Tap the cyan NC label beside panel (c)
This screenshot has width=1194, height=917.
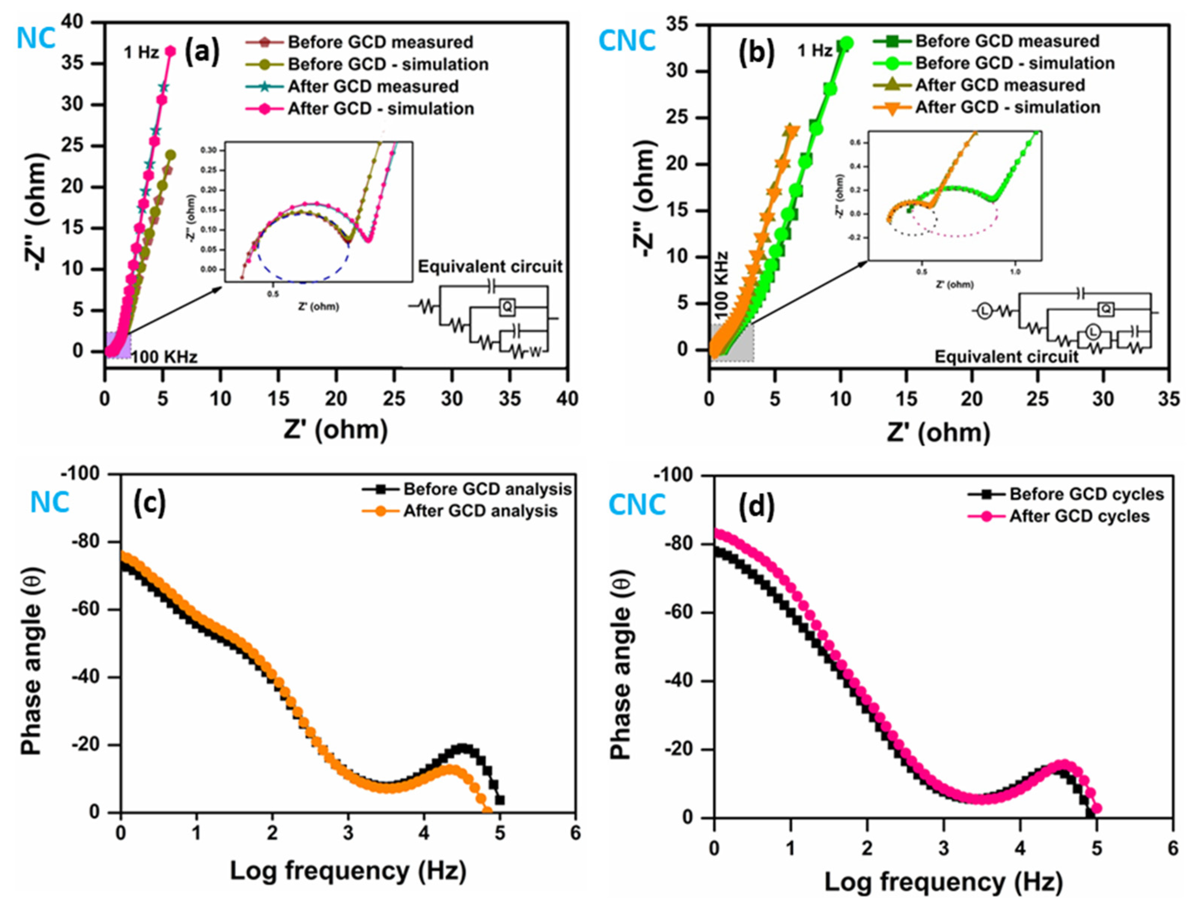50,502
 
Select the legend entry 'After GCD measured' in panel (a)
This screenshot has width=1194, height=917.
373,86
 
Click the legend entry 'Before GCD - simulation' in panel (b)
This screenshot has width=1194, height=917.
1014,63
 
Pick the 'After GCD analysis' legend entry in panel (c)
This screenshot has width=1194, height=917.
480,511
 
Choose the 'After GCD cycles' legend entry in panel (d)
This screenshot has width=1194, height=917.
1079,516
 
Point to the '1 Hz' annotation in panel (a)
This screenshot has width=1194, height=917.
141,52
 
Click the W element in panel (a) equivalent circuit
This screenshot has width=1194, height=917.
535,353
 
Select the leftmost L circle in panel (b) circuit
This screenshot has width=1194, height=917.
984,312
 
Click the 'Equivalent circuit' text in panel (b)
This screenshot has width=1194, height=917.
1006,357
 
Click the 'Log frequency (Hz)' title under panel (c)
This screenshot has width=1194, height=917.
348,871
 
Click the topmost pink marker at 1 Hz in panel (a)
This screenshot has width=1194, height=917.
171,51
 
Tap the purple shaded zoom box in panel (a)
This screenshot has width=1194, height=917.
118,345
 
